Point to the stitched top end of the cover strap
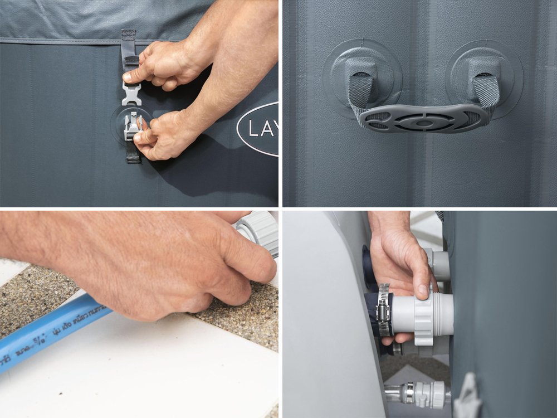pos(129,36)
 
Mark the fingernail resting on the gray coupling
pos(423,290)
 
